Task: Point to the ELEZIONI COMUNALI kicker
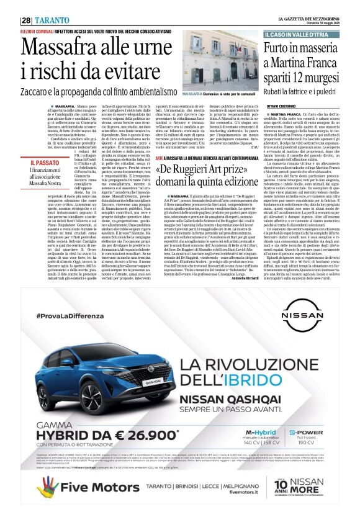[36, 30]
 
